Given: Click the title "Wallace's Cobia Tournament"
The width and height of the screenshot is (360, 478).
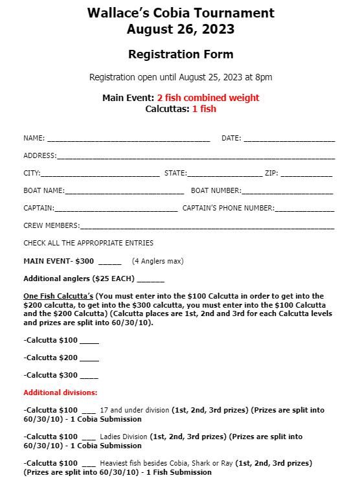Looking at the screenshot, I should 180,13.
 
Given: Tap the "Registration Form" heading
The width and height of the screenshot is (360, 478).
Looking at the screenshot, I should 180,54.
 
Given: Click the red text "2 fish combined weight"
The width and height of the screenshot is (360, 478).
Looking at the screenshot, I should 208,98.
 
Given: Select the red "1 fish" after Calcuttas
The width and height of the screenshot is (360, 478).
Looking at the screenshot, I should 204,109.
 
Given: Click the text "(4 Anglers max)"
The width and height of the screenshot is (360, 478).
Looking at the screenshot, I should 157,261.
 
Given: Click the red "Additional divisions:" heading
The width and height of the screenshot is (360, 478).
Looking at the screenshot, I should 60,393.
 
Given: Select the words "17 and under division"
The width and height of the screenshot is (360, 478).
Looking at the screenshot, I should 135,410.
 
